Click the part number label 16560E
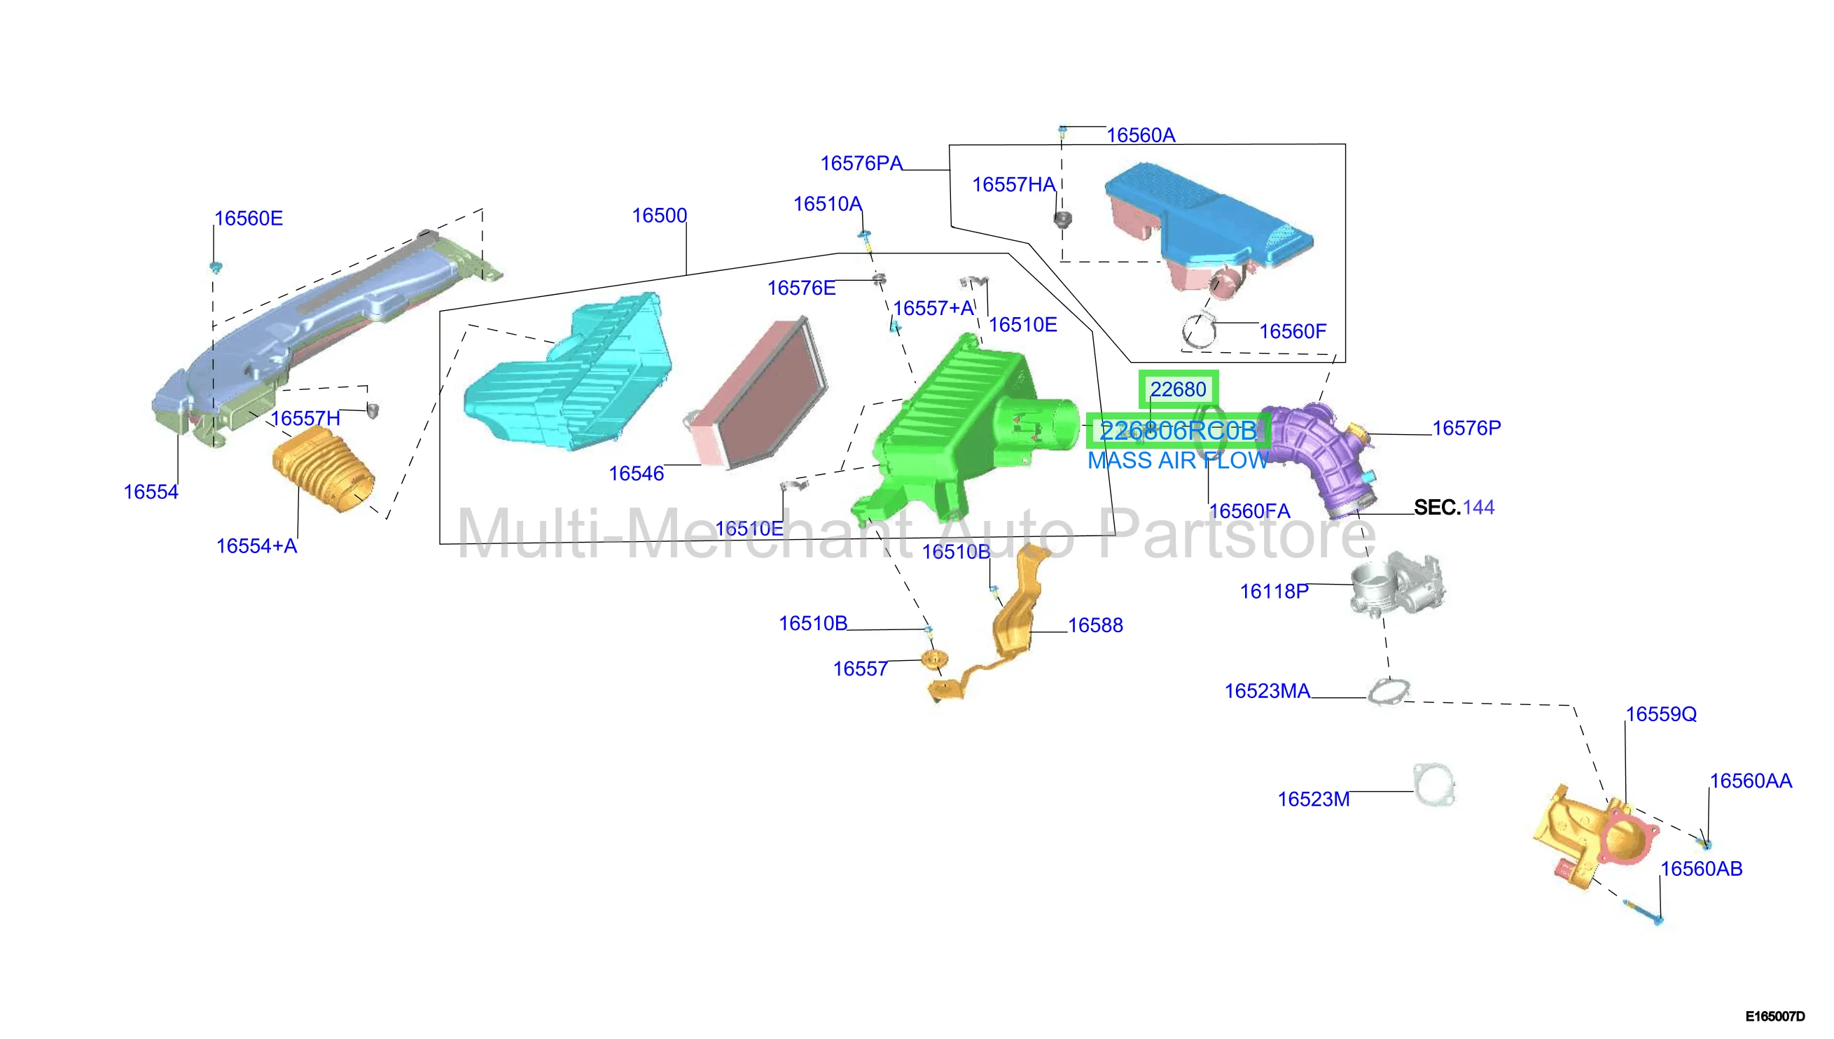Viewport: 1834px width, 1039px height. point(249,218)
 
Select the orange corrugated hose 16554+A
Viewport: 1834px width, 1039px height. point(324,470)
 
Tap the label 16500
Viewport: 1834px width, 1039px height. point(660,216)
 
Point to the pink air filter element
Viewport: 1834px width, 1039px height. point(758,393)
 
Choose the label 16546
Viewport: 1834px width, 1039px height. point(636,474)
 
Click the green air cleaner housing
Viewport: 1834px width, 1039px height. point(964,435)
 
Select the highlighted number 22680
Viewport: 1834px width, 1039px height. point(1178,389)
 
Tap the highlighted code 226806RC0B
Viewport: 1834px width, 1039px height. point(1178,431)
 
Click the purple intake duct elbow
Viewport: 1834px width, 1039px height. point(1320,456)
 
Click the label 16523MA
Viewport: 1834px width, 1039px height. point(1267,692)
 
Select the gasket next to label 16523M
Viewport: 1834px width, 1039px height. point(1433,785)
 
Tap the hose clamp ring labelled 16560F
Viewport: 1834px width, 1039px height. point(1199,330)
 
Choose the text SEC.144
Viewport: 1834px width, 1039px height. point(1454,508)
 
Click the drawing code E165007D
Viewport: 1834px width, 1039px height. point(1774,1016)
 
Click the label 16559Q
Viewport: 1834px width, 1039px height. point(1660,714)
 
